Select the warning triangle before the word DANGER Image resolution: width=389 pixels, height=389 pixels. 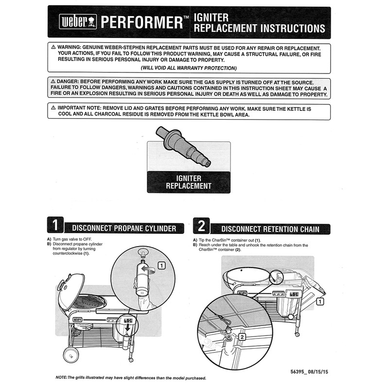click(x=53, y=82)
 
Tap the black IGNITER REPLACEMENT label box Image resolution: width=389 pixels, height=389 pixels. click(x=189, y=182)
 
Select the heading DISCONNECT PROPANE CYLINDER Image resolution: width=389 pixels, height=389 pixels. click(x=124, y=228)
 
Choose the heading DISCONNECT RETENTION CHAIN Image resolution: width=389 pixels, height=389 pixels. click(x=270, y=229)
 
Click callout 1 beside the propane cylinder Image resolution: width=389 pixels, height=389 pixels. click(x=161, y=265)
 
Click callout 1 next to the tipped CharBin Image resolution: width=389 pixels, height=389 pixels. click(x=319, y=301)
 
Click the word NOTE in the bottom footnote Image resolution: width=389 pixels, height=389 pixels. click(x=61, y=378)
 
